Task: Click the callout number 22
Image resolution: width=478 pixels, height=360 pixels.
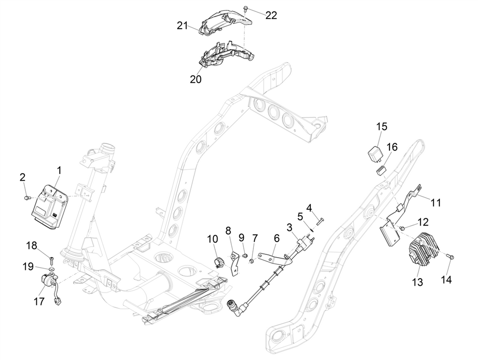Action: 271,15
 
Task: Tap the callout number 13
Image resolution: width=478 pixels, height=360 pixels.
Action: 417,282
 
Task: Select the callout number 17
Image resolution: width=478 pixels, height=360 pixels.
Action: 39,302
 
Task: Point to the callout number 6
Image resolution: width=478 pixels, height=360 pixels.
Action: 276,238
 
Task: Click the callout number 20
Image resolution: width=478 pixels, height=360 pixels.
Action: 196,79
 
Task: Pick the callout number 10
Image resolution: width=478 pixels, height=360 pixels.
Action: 212,238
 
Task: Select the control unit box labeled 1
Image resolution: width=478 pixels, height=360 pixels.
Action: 49,206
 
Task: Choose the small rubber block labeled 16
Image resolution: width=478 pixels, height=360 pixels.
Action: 381,169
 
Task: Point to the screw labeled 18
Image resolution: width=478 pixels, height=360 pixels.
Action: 51,260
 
